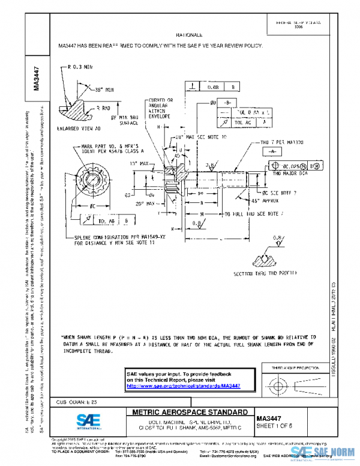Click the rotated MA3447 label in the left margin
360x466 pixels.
coord(37,77)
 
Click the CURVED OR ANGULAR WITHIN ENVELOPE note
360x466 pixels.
coord(160,106)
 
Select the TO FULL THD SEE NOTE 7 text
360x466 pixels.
coord(254,213)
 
